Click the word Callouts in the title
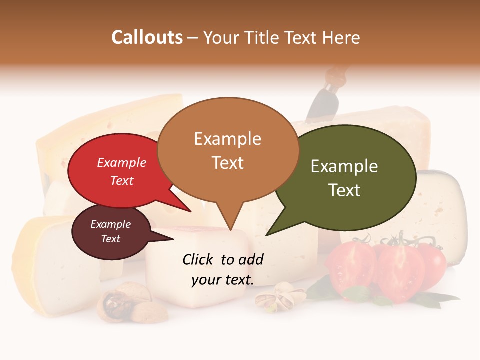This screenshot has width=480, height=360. tap(147, 38)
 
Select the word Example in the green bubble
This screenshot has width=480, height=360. tap(344, 166)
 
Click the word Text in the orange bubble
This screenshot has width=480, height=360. tap(228, 163)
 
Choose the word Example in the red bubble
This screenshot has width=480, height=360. tap(122, 162)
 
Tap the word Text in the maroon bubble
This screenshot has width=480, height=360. tap(111, 239)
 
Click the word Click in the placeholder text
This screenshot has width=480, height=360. tap(199, 259)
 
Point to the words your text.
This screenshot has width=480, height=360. tap(223, 280)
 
